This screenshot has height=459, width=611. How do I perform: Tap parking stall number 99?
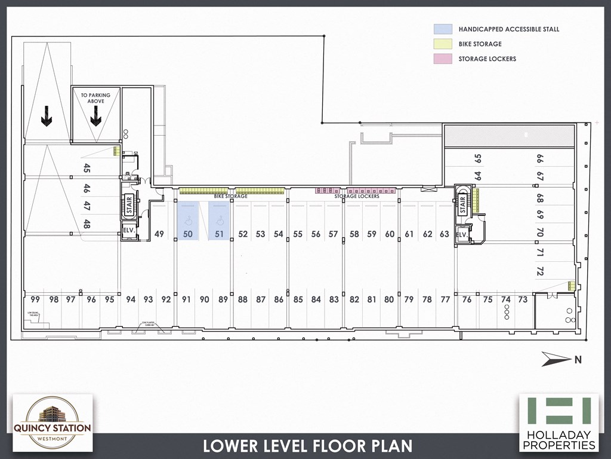[x=35, y=299]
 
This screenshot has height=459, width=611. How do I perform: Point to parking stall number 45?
[x=87, y=168]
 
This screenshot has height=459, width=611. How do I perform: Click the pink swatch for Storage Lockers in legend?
[x=443, y=59]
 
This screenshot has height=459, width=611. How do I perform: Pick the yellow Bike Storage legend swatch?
[x=443, y=44]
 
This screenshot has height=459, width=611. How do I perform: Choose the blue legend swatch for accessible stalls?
[x=443, y=29]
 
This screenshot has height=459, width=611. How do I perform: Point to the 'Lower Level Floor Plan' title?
[x=307, y=446]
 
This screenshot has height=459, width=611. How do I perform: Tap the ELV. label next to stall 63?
[x=461, y=235]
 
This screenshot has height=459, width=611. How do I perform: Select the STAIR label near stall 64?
[x=462, y=204]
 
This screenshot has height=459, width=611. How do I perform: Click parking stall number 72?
[x=540, y=272]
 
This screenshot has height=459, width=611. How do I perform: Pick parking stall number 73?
[x=523, y=299]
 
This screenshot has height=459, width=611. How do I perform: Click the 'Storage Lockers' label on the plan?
[x=357, y=197]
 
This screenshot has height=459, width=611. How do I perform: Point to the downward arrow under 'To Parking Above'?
[x=95, y=120]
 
